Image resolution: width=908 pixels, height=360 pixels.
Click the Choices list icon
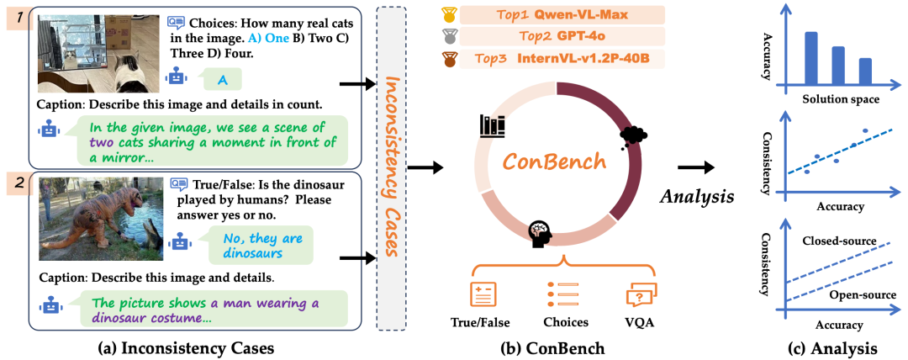click(561, 294)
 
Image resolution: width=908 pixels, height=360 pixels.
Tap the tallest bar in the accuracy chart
click(811, 58)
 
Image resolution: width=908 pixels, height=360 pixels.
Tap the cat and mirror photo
click(100, 52)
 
